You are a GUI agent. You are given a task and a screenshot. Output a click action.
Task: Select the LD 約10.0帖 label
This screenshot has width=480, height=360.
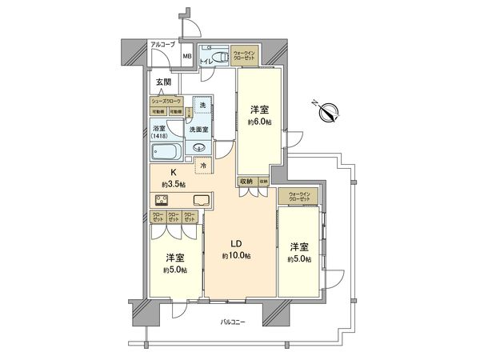point(237,249)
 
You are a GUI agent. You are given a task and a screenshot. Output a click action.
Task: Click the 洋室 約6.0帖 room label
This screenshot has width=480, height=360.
point(259,114)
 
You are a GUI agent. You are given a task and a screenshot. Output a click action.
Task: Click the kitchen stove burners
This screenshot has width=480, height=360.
point(158,200)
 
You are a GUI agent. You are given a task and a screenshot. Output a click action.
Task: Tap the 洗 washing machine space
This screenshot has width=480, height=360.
point(202,106)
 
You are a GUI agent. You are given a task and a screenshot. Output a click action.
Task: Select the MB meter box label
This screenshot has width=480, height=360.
point(186,57)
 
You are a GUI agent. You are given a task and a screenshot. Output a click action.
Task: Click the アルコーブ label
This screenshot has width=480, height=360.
point(162,46)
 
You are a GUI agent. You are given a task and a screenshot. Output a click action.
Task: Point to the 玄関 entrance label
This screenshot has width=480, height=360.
point(162,82)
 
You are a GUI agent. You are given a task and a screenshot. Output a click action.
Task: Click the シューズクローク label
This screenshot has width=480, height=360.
point(167,101)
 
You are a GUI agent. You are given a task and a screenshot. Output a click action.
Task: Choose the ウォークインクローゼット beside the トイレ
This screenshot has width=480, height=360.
point(244,56)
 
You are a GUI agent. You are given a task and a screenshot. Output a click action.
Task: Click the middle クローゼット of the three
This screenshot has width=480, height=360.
point(173,217)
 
